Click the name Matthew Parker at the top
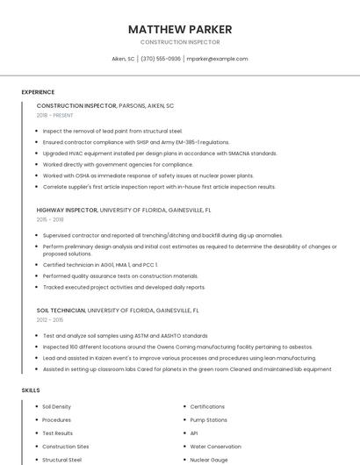point(180,29)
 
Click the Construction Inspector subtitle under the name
point(180,42)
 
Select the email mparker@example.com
point(218,59)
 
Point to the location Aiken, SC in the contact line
point(123,59)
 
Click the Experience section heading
point(38,92)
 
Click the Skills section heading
point(31,390)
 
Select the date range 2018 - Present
point(55,115)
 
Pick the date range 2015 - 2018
point(50,219)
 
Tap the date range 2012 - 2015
point(50,319)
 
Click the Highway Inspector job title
point(67,211)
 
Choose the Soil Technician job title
point(61,310)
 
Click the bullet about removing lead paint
point(112,131)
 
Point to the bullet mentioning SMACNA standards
point(160,153)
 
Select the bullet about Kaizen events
point(179,358)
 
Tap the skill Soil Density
point(57,407)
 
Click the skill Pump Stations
point(209,420)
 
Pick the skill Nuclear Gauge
point(209,460)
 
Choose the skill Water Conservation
point(215,447)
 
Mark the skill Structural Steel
point(61,460)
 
